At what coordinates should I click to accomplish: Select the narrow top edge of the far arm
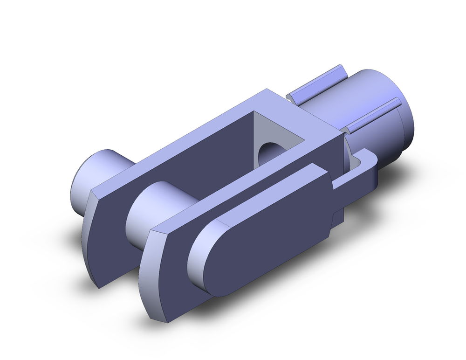(x=177, y=145)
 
